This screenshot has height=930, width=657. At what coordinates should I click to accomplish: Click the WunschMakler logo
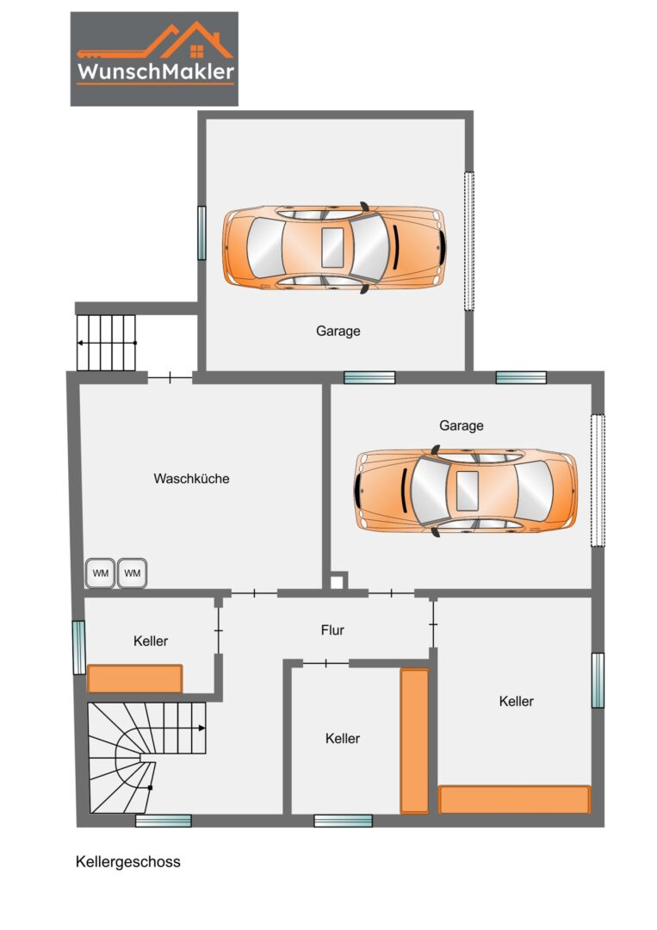(154, 59)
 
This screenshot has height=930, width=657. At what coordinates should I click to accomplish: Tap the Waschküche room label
(191, 479)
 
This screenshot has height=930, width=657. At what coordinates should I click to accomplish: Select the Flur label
(332, 629)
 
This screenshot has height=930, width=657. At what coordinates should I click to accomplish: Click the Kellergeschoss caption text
(128, 862)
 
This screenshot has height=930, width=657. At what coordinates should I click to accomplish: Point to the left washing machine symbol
(100, 573)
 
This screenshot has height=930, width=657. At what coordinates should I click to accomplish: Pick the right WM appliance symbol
(133, 573)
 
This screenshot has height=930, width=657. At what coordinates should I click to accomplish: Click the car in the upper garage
(334, 248)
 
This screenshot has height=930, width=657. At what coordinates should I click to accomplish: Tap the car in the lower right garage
(466, 491)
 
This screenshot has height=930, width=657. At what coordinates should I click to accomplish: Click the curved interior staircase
(146, 758)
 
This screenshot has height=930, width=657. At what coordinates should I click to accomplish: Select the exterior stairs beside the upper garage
(106, 343)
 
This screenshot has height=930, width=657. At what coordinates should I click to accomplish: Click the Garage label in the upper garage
(338, 331)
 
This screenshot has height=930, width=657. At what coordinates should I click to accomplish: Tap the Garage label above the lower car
(462, 425)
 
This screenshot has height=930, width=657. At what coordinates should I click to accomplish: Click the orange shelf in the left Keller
(134, 679)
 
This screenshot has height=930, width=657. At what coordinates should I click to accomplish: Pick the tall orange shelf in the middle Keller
(414, 741)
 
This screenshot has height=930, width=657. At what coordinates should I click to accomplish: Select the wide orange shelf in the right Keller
(515, 799)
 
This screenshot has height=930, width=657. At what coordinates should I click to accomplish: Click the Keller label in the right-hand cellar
(517, 701)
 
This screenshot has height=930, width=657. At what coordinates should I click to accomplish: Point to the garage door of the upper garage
(469, 241)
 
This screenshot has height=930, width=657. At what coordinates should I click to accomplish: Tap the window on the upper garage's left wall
(201, 232)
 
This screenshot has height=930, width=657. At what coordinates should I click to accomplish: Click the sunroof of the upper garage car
(332, 247)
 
